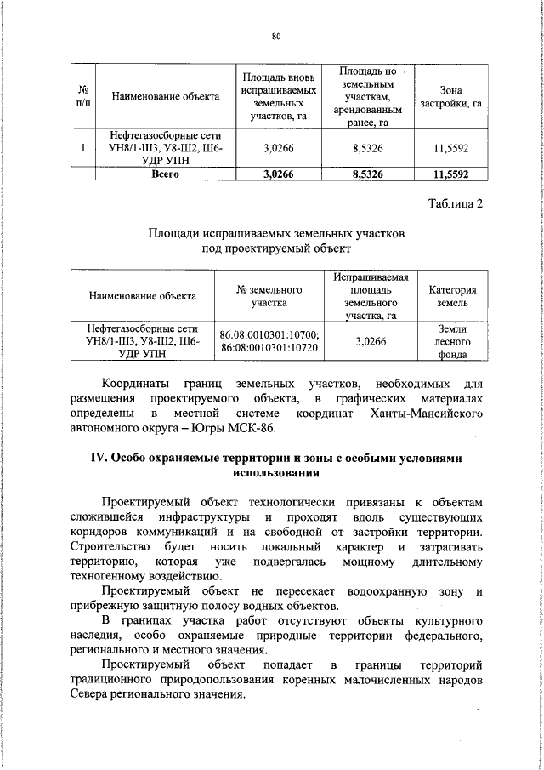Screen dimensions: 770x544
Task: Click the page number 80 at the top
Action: [x=275, y=35]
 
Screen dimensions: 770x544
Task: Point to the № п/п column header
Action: [x=83, y=96]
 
